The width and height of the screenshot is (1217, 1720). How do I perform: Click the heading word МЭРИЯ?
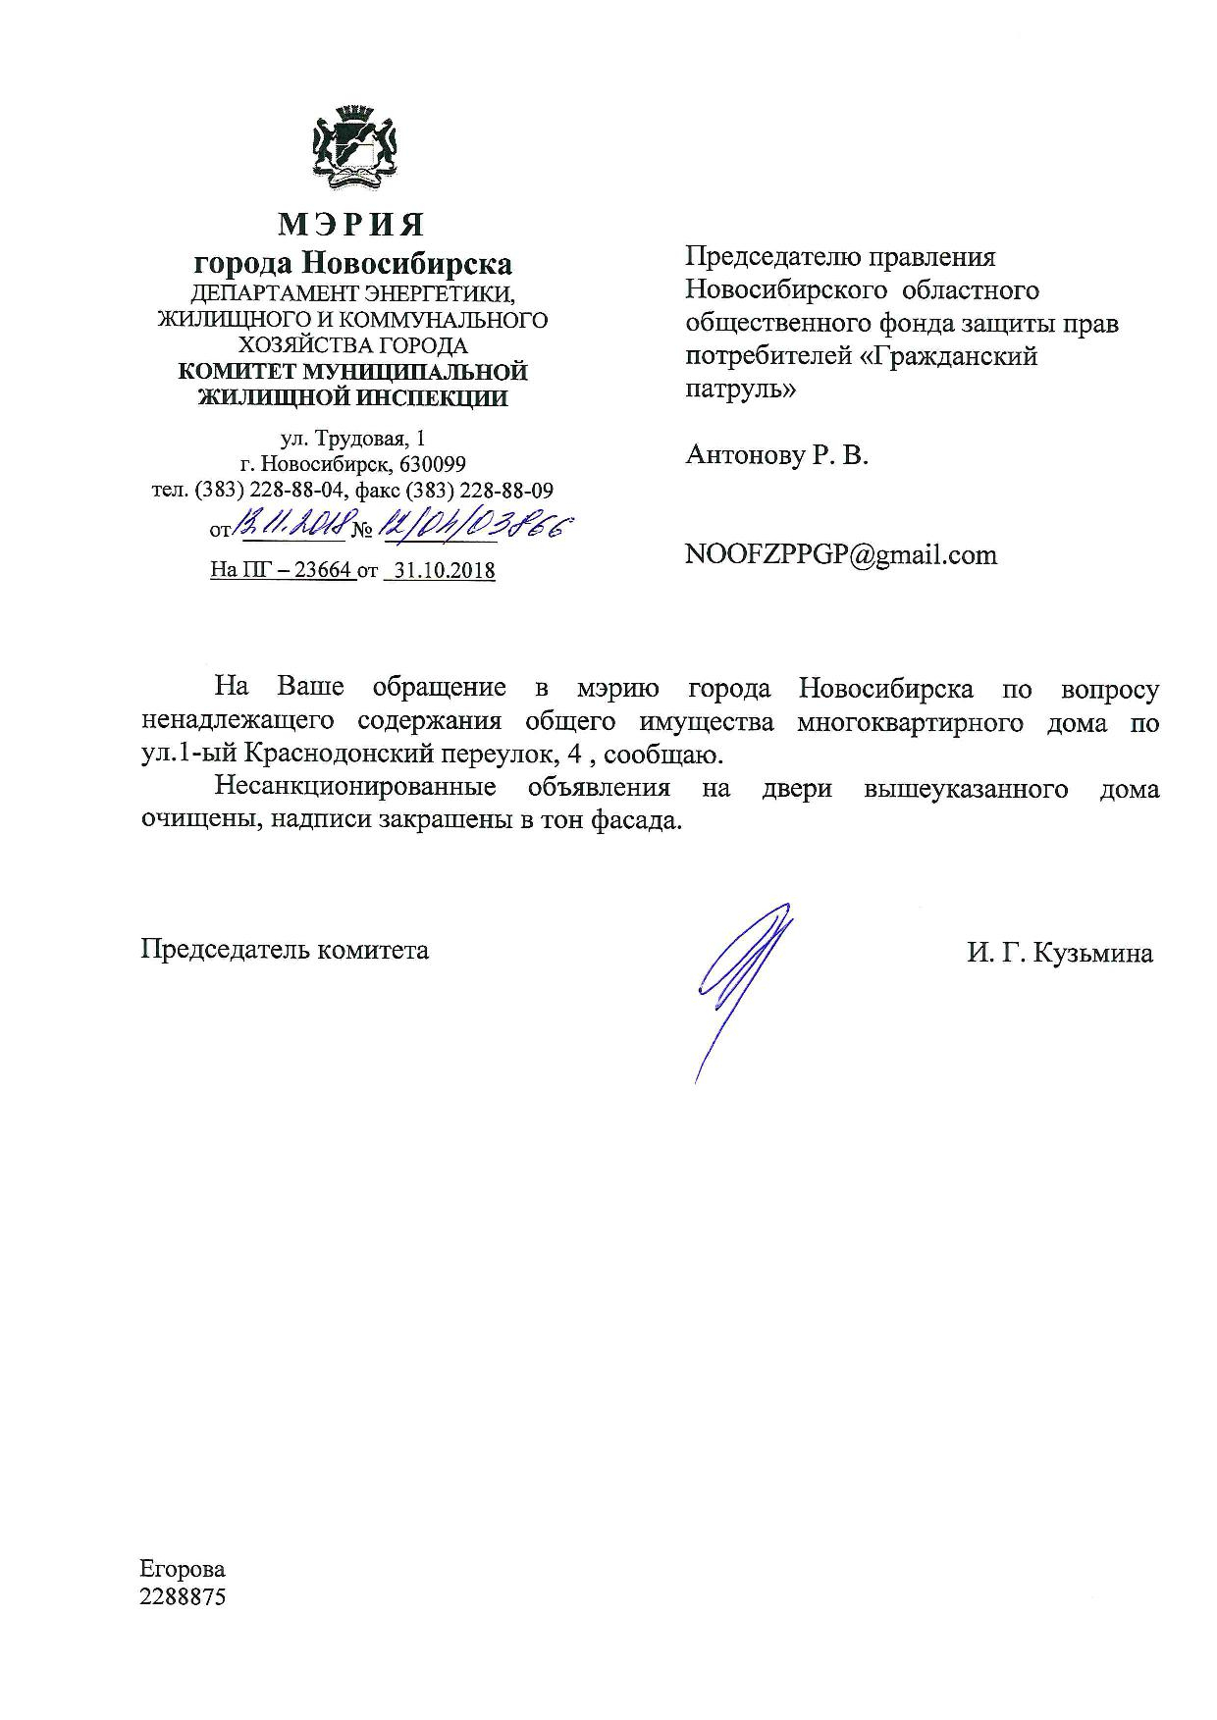352,225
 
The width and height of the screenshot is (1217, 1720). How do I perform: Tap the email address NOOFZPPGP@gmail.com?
841,555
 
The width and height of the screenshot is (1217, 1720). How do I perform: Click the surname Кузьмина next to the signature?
1095,953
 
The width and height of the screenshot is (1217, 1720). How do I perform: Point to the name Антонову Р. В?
776,455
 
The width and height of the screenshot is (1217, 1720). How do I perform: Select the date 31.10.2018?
441,570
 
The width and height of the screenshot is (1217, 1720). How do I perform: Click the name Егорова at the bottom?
183,1569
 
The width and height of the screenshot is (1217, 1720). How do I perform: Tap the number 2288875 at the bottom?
183,1596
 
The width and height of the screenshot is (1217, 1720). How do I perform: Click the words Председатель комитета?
285,950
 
